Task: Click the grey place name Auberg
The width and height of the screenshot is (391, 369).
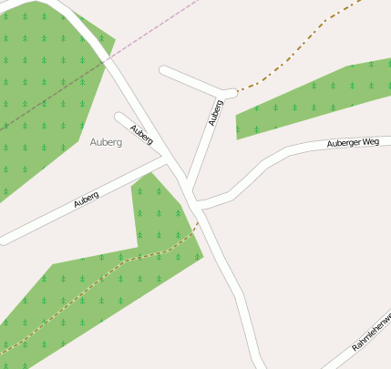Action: [107, 142]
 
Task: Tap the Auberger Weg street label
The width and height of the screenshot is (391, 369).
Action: [353, 143]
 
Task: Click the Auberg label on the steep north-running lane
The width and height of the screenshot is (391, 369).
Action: [215, 111]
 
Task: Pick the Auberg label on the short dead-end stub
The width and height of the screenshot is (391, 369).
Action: [140, 135]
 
